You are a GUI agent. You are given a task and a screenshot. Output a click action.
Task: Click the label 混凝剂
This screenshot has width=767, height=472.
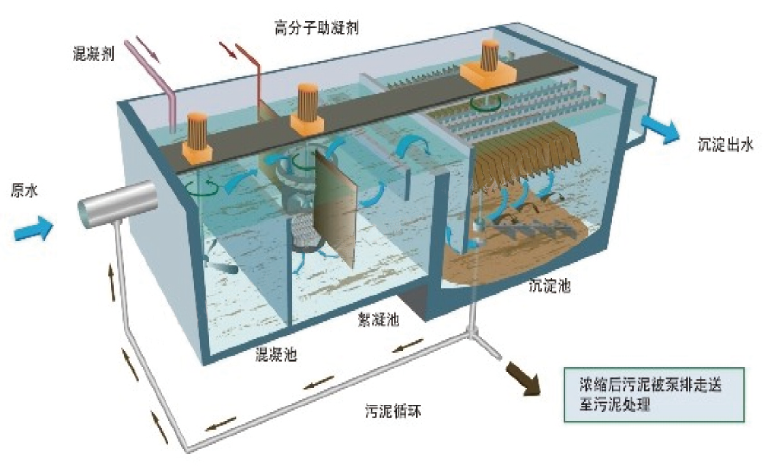[93, 54]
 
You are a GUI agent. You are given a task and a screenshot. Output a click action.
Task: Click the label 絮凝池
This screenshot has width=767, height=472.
[378, 319]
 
